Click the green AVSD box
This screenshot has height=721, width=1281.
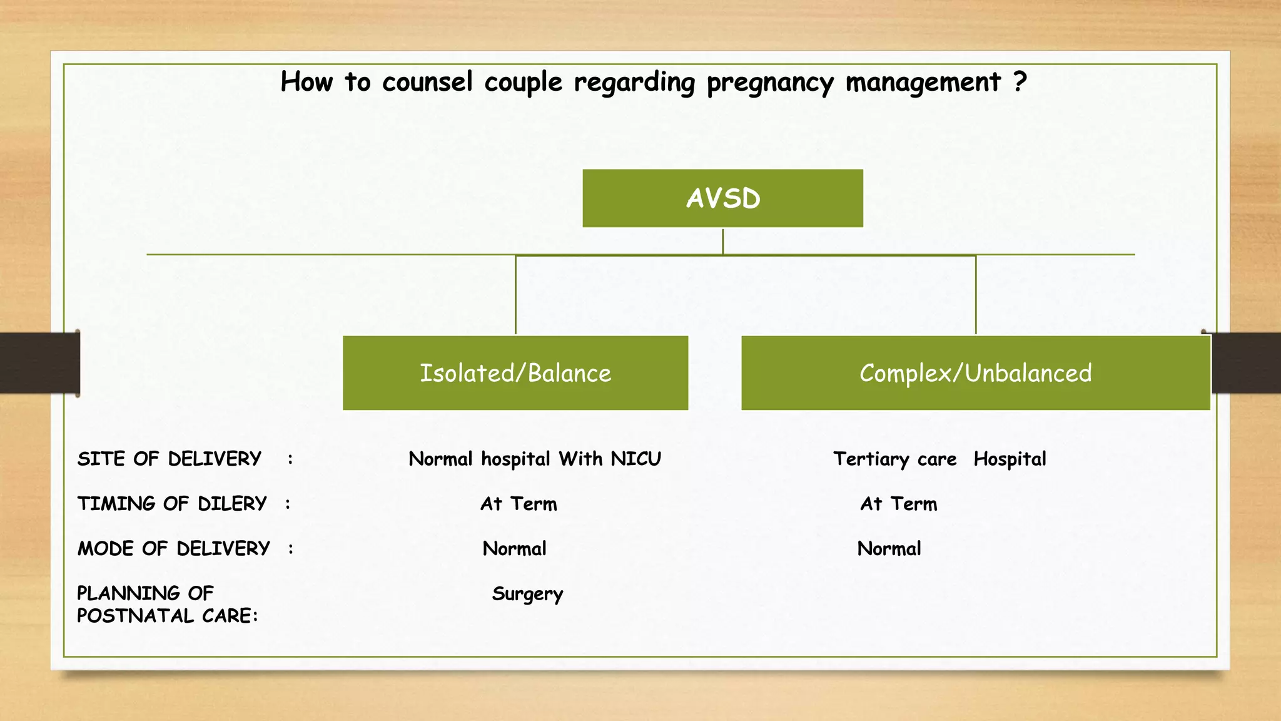[x=722, y=198]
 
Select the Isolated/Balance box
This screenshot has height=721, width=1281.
[x=515, y=373]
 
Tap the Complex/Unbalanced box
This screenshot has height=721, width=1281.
[x=975, y=373]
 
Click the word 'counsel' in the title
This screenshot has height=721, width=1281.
[x=427, y=82]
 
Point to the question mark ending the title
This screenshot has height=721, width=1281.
[x=1020, y=81]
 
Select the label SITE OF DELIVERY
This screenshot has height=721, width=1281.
[x=169, y=459]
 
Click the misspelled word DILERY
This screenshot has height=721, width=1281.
[x=232, y=504]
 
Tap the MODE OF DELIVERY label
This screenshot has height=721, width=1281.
[x=173, y=549]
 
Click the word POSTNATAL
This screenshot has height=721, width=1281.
[x=134, y=616]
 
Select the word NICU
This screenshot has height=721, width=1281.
[x=635, y=459]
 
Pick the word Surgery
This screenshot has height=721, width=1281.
[x=527, y=594]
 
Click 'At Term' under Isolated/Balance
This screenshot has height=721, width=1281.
[x=519, y=504]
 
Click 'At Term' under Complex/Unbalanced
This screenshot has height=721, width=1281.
[x=899, y=504]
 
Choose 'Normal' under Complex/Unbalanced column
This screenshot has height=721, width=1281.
[x=889, y=549]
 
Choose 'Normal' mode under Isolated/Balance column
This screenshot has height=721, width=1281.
[x=514, y=549]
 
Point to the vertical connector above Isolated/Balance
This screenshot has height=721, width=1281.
[x=515, y=294]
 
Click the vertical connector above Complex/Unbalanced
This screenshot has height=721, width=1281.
[x=976, y=294]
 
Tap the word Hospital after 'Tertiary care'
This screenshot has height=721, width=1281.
[x=1010, y=459]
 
